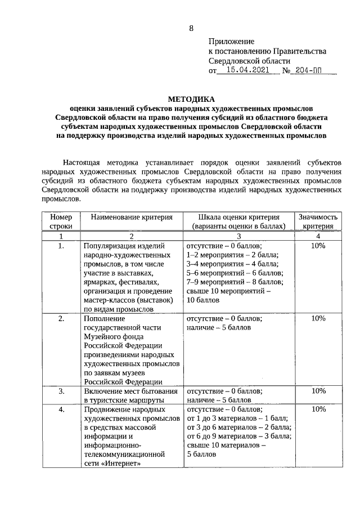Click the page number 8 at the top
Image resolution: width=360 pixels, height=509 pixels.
point(191,28)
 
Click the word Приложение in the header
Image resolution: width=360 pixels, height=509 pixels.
point(231,41)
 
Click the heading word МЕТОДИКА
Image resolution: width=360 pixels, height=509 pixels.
point(191,97)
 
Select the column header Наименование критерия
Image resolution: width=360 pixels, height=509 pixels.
point(132,217)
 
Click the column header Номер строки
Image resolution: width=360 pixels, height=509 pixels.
point(61,221)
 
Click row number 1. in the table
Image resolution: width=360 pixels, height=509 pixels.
point(61,246)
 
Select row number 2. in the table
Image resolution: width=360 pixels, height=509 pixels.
point(61,318)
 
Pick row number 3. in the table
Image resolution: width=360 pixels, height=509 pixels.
point(61,390)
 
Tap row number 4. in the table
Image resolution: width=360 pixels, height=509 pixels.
point(61,409)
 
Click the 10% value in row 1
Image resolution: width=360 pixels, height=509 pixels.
point(318,246)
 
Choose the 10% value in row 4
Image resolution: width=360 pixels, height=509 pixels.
point(318,409)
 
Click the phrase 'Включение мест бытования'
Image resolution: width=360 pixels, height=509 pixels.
point(130,390)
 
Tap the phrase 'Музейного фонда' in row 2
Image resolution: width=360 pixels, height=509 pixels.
point(112,336)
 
